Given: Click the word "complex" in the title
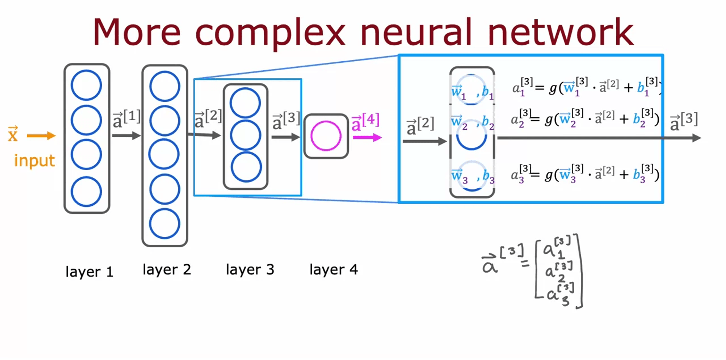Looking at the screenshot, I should (270, 33).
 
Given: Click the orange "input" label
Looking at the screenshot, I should (34, 161).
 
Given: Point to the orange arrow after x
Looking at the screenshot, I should (41, 136).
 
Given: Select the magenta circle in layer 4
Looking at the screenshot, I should (326, 136).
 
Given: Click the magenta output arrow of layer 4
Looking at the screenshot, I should (367, 138).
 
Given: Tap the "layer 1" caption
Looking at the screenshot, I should (89, 272).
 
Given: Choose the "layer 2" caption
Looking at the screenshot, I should (167, 270).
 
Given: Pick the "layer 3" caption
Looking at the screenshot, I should (250, 270).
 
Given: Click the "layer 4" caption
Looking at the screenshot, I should (333, 270).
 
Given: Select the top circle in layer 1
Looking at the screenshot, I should (87, 85).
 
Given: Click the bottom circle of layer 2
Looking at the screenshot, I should (165, 223).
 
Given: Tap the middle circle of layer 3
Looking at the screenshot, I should (246, 135).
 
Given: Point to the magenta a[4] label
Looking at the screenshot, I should (365, 123).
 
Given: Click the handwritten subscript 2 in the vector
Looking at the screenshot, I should (561, 279).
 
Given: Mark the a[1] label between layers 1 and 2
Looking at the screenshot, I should (126, 119).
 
